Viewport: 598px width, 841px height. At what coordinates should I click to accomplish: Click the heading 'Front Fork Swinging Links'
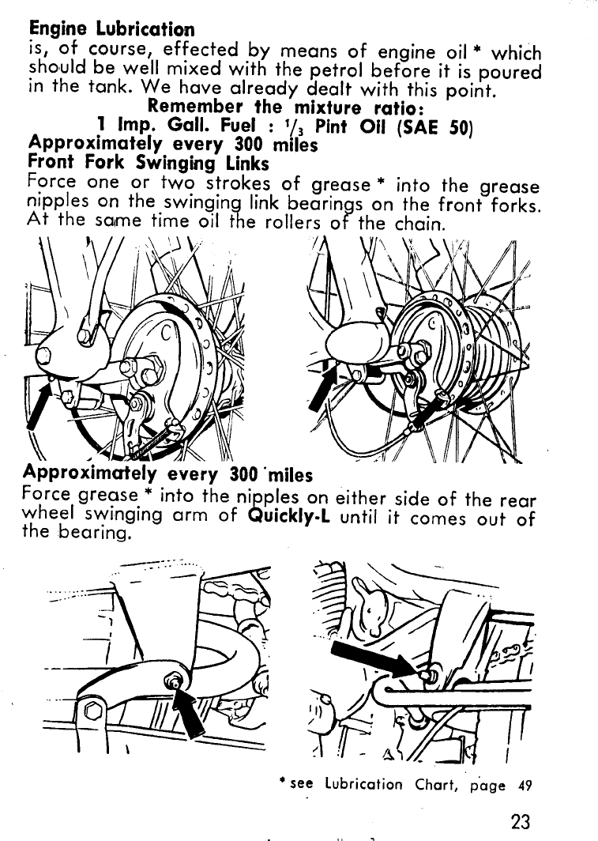149,164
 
